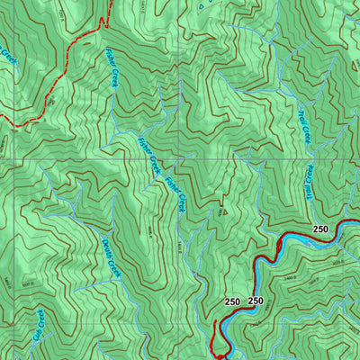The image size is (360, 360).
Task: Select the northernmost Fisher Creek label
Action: (x=112, y=67)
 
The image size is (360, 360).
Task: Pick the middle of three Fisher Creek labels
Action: (x=148, y=155)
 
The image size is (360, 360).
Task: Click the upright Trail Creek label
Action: (x=303, y=123)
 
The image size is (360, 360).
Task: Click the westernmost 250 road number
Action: (x=232, y=301)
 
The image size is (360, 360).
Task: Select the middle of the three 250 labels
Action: (x=256, y=301)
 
